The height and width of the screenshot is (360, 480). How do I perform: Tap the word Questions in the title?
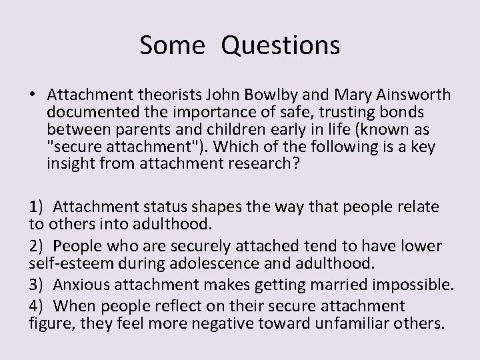pyautogui.click(x=281, y=46)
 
